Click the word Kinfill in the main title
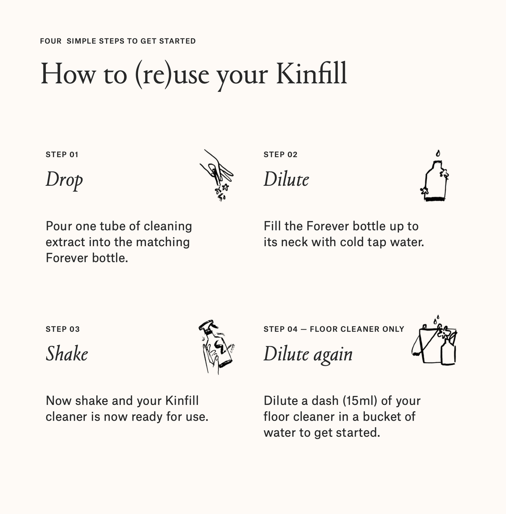(311, 73)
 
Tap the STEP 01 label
(62, 155)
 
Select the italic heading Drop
(64, 180)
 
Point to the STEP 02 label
(280, 155)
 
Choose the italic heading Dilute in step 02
(286, 179)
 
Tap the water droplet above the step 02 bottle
(438, 154)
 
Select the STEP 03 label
(63, 329)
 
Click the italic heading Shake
(67, 354)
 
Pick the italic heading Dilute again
(308, 354)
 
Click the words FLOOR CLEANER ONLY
(357, 329)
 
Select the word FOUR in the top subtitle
(50, 41)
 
